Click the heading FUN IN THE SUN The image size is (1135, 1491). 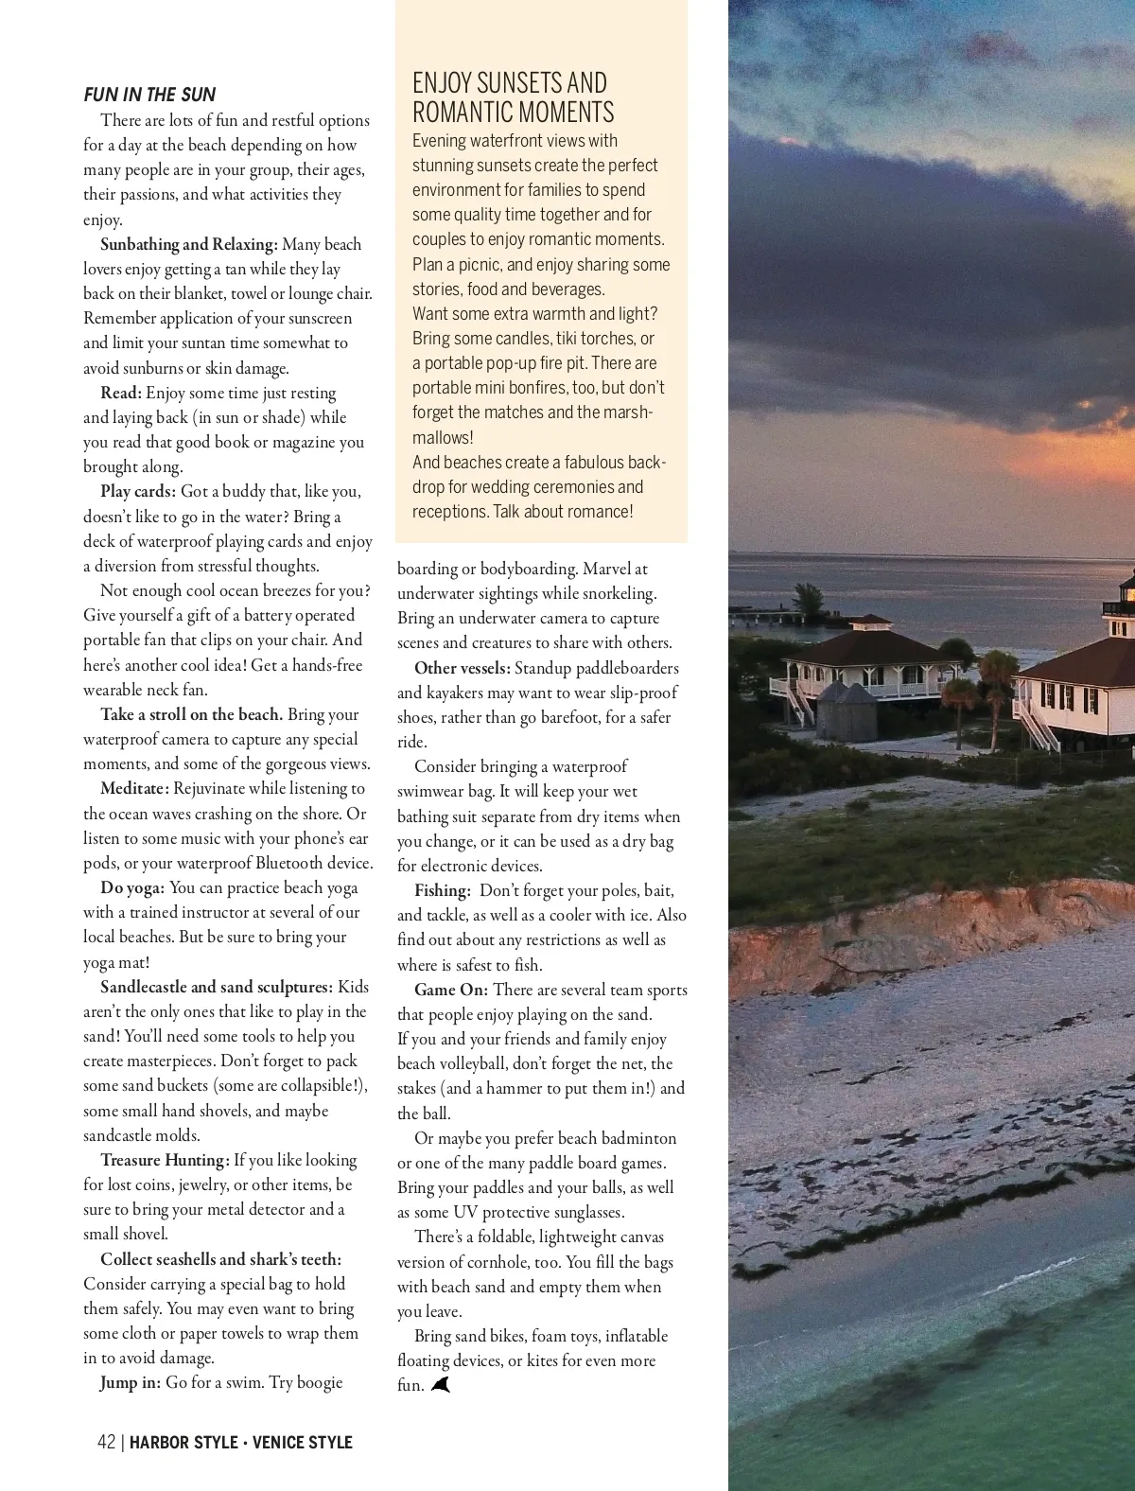pyautogui.click(x=149, y=95)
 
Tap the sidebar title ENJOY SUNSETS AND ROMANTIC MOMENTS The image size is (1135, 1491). pyautogui.click(x=513, y=97)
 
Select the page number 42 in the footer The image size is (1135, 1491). pyautogui.click(x=106, y=1442)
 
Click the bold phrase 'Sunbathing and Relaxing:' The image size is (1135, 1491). pyautogui.click(x=188, y=244)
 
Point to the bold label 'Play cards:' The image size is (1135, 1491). pyautogui.click(x=138, y=491)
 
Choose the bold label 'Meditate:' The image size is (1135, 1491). pyautogui.click(x=135, y=788)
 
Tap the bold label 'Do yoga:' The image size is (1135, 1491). pyautogui.click(x=132, y=887)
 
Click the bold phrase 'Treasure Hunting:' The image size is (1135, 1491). pyautogui.click(x=165, y=1160)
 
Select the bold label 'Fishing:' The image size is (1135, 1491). pyautogui.click(x=443, y=890)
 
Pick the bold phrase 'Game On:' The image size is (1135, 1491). pyautogui.click(x=451, y=990)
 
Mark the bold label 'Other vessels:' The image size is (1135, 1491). pyautogui.click(x=463, y=668)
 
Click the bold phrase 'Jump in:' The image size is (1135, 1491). pyautogui.click(x=131, y=1382)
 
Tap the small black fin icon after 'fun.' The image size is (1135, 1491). pyautogui.click(x=441, y=1385)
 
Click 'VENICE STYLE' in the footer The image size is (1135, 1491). pyautogui.click(x=302, y=1442)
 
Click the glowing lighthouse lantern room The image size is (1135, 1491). pyautogui.click(x=1126, y=595)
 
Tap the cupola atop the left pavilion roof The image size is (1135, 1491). pyautogui.click(x=868, y=623)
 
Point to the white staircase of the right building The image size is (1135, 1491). pyautogui.click(x=1035, y=724)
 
